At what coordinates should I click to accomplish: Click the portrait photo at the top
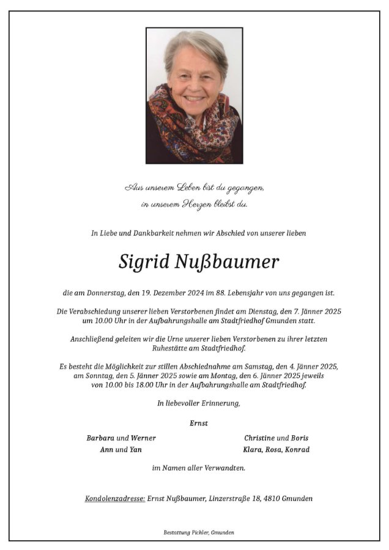pyautogui.click(x=194, y=95)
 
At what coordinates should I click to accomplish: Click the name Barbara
pyautogui.click(x=100, y=438)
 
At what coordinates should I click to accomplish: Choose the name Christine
pyautogui.click(x=259, y=438)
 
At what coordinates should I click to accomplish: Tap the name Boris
pyautogui.click(x=300, y=438)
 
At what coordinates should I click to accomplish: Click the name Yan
pyautogui.click(x=137, y=450)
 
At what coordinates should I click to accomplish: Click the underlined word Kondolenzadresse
pyautogui.click(x=114, y=499)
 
